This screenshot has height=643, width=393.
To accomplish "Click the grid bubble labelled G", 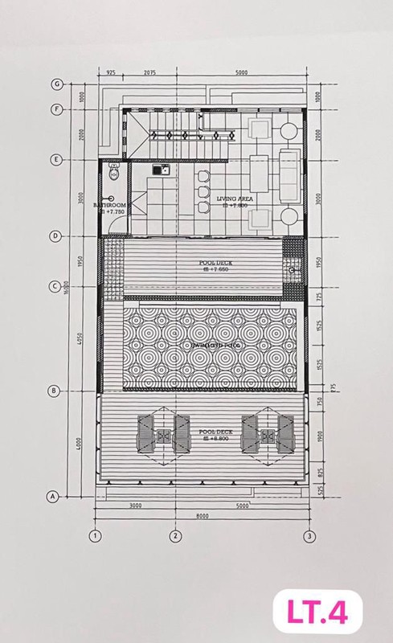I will click(56, 84).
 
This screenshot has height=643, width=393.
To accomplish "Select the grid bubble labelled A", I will click(54, 496).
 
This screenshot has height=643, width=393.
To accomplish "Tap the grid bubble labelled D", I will click(55, 236).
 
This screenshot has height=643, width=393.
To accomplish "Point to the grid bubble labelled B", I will click(55, 391).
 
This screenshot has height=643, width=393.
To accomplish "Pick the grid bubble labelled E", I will click(55, 159).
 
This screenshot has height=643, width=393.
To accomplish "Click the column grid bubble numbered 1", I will click(96, 535).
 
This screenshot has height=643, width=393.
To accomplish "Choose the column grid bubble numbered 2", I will click(174, 535).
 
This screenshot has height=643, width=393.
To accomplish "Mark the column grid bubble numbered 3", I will click(308, 535).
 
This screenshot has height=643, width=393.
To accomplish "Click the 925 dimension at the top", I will click(111, 73).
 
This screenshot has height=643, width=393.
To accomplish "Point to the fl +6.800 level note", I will click(217, 439).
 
